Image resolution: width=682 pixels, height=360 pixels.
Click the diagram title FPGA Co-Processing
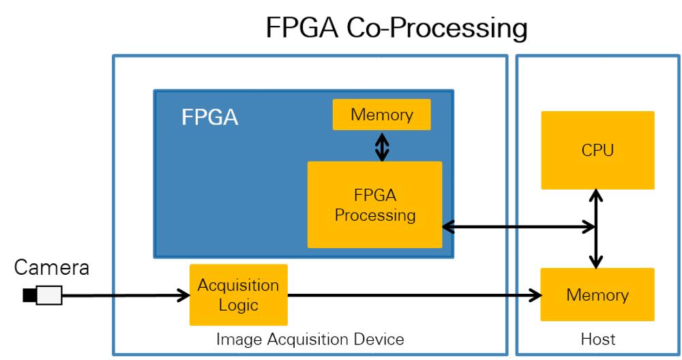click(396, 29)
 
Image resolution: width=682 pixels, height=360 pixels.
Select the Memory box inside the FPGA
click(381, 115)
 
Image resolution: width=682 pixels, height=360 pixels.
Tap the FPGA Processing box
click(374, 205)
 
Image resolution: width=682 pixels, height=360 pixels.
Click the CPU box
click(597, 150)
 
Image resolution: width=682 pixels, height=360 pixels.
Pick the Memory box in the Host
click(597, 295)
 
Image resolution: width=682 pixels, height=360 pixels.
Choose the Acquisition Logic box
click(238, 295)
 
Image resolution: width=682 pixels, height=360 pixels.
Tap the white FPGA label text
click(209, 117)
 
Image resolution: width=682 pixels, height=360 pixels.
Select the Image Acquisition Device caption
click(310, 339)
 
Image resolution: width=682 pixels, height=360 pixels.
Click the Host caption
click(598, 339)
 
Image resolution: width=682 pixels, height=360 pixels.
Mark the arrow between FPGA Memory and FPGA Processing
click(382, 145)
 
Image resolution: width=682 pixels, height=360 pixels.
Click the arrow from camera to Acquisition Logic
click(126, 295)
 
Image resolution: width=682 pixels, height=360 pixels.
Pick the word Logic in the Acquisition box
click(238, 304)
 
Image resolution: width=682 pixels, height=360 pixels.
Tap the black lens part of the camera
click(29, 295)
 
